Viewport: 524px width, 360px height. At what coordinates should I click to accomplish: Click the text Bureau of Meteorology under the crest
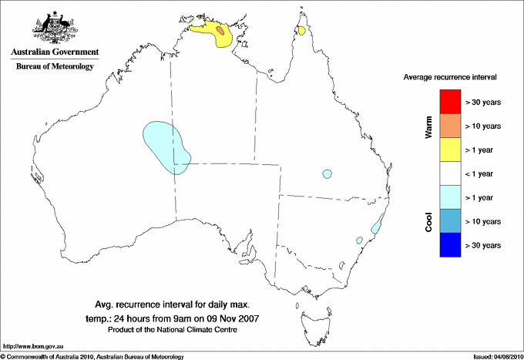(54, 67)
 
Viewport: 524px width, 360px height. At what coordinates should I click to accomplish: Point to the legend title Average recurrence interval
(450, 78)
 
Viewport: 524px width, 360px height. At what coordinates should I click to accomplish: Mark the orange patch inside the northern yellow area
(221, 31)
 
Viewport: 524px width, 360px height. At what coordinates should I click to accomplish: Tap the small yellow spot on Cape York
(302, 32)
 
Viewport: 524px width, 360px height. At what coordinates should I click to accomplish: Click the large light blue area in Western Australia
(166, 146)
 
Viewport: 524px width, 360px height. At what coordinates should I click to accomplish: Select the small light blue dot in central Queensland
(327, 173)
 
